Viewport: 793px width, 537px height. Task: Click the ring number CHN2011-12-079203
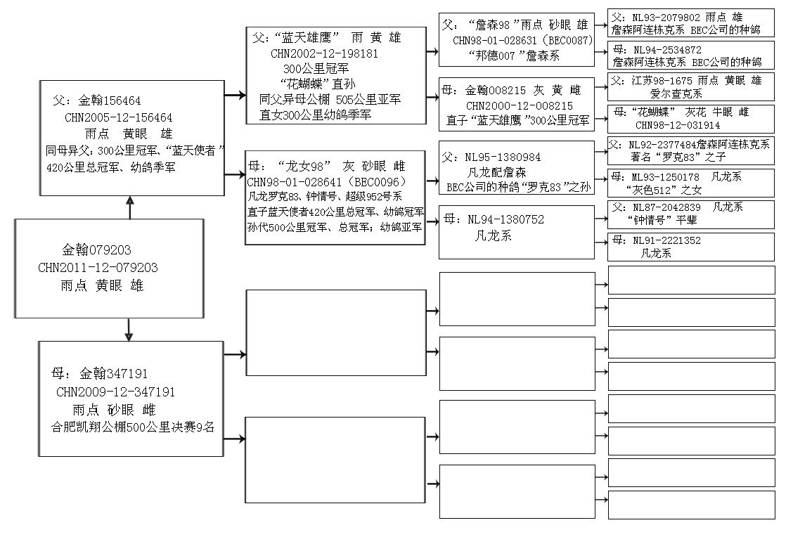98,268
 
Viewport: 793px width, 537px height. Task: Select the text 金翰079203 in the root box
96,250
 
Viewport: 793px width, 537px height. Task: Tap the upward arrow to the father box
130,207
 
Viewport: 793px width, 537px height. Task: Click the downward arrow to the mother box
129,330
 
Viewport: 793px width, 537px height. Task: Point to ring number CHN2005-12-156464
118,117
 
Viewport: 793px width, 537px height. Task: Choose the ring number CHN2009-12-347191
116,392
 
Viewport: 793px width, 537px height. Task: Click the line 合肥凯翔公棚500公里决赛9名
133,427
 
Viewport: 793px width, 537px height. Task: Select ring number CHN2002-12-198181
324,53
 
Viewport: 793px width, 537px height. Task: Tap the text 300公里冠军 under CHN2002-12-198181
316,68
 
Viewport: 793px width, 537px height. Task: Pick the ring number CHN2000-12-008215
520,105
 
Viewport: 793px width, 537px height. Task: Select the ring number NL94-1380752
505,219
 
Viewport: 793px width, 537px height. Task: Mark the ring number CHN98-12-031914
678,125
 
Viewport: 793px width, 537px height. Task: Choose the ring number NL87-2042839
666,207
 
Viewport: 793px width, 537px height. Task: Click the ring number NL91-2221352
666,240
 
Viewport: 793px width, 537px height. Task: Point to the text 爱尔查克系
676,93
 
